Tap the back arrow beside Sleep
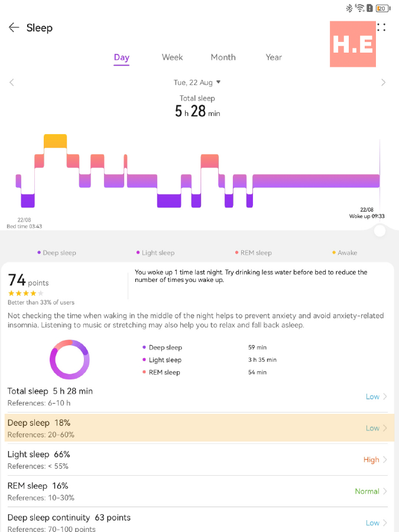14,28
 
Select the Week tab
172,57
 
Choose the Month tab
223,57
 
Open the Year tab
274,57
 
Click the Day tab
122,57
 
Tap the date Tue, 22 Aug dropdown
197,83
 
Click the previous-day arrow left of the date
12,83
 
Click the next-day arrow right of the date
384,83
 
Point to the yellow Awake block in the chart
55,141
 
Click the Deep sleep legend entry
57,253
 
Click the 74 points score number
17,280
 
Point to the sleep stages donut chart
70,359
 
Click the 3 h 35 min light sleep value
262,360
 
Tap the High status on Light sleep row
371,460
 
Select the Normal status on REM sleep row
367,491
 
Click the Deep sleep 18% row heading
39,423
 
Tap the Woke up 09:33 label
366,216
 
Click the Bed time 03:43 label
24,226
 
